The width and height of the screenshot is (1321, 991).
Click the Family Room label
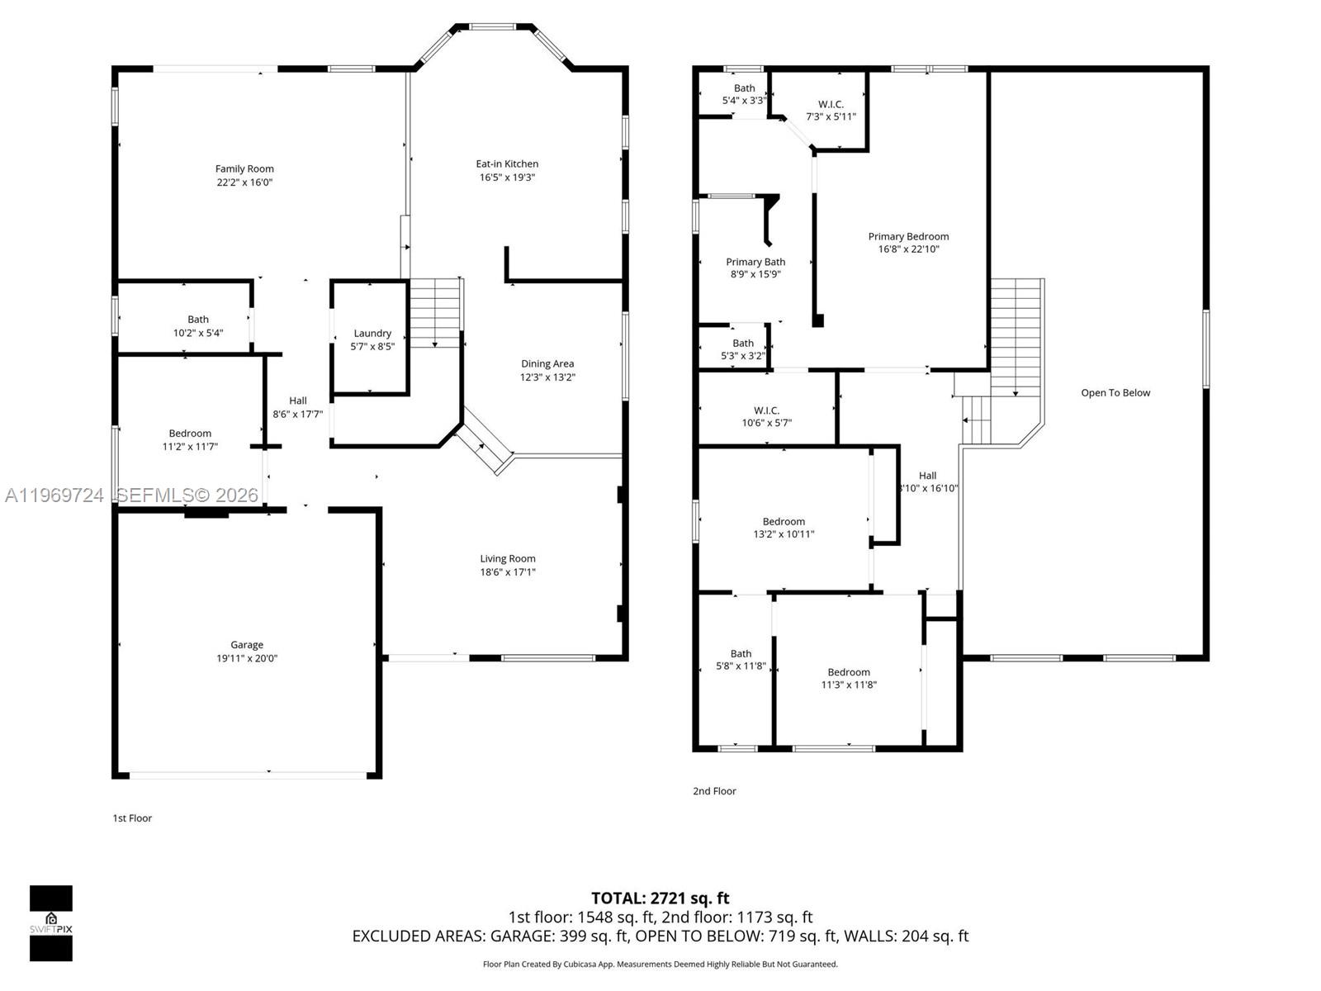tap(244, 169)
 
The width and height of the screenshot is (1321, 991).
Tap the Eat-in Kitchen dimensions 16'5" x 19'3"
tap(507, 177)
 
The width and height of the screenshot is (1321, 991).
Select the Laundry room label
tap(372, 334)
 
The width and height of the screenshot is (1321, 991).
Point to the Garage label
tap(247, 645)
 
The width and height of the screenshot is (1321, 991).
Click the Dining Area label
tap(547, 364)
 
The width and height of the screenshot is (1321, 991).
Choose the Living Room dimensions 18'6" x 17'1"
tap(508, 572)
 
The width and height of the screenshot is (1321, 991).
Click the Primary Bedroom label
tap(908, 237)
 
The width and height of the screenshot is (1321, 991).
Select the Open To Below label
tap(1115, 393)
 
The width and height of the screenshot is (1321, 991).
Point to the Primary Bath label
tap(755, 263)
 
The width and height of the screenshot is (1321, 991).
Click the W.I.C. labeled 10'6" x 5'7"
tap(766, 416)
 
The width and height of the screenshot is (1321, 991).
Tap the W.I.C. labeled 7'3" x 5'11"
tap(831, 110)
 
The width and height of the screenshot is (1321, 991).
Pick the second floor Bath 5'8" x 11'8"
tap(741, 660)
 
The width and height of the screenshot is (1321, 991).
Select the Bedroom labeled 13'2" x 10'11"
tap(784, 528)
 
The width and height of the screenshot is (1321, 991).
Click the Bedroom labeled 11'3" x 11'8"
tap(849, 678)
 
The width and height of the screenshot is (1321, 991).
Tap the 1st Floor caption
tap(132, 818)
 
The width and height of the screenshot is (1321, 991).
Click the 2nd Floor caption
tap(714, 791)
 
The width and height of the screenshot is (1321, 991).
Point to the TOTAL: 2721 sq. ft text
tap(660, 899)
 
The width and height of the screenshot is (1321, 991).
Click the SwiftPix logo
tap(51, 923)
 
